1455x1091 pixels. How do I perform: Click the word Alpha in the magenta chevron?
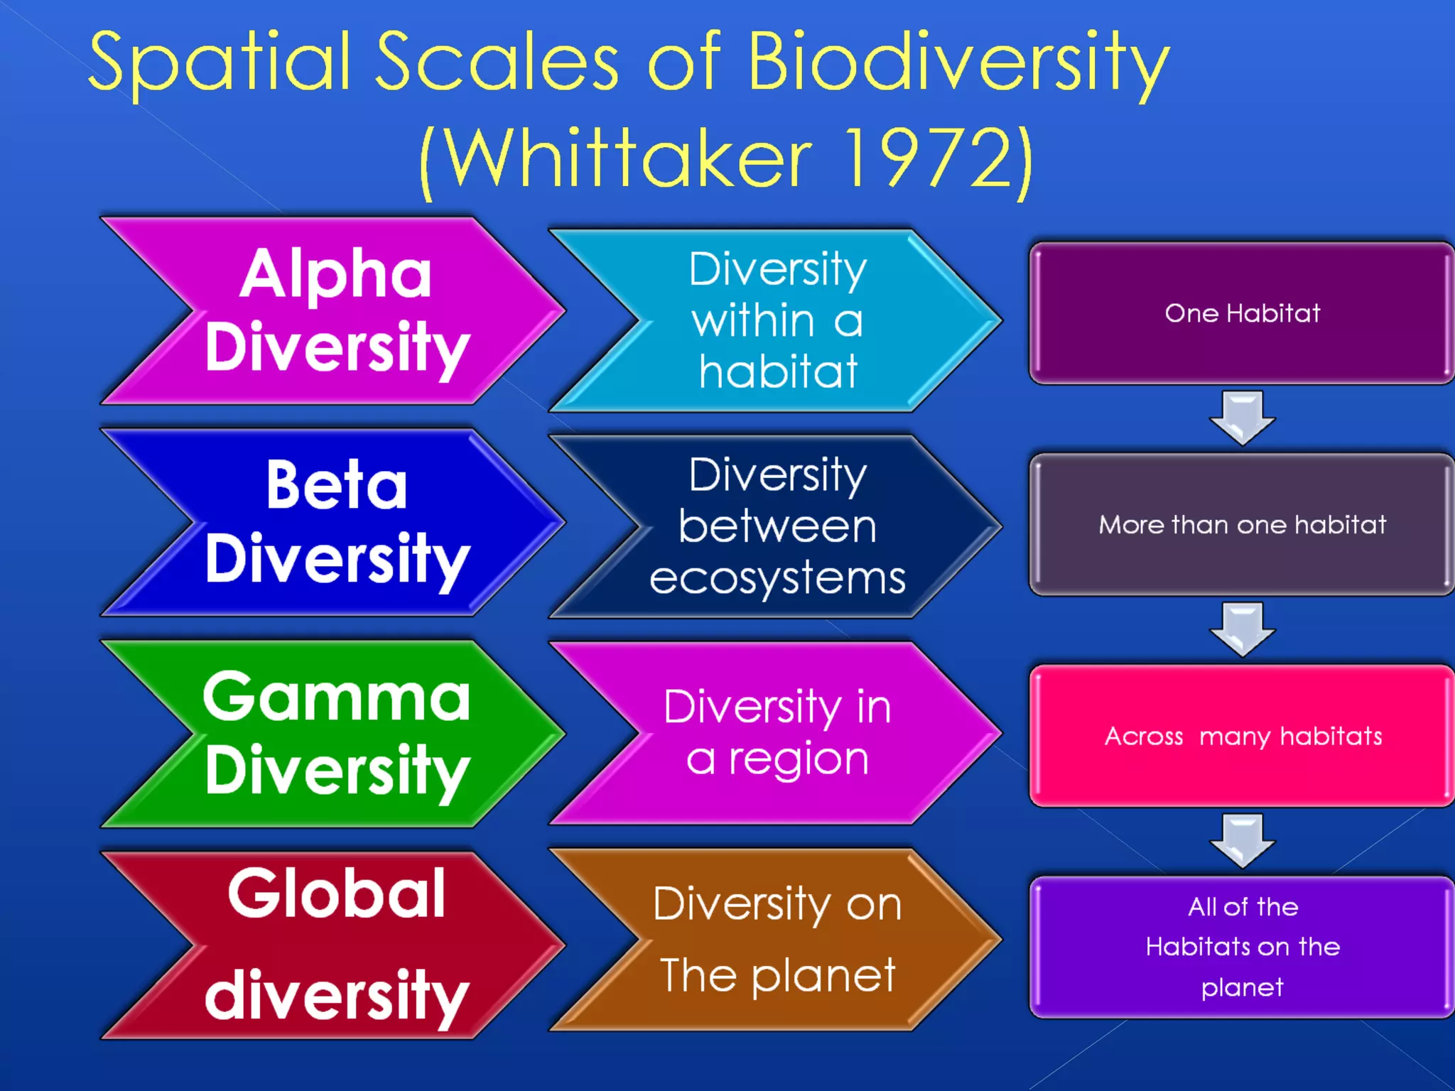tap(335, 276)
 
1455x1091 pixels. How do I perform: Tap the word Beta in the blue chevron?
tap(337, 485)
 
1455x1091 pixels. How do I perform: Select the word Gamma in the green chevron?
tap(336, 698)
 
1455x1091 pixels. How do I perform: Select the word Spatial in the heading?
tap(219, 63)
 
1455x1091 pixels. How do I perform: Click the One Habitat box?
tap(1242, 313)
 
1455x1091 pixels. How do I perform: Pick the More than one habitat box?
tap(1242, 525)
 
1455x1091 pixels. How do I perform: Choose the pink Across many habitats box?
tap(1242, 737)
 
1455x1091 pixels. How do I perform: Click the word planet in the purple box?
tap(1242, 988)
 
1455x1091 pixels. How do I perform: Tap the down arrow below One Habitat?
tap(1242, 418)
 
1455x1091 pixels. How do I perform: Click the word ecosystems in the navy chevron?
tap(777, 578)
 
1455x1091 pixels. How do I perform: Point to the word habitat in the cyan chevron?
tap(777, 371)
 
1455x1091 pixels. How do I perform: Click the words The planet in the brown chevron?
tap(777, 975)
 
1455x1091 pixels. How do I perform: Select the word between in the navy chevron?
tap(777, 526)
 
